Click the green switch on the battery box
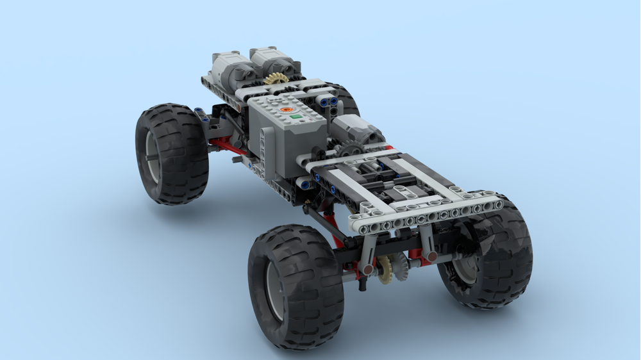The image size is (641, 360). pyautogui.click(x=295, y=117)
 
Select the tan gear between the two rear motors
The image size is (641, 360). pyautogui.click(x=276, y=79)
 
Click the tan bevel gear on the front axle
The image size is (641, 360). pyautogui.click(x=385, y=270)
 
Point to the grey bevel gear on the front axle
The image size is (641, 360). pyautogui.click(x=400, y=265)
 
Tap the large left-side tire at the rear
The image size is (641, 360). pyautogui.click(x=172, y=154)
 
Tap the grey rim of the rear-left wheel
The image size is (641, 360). pyautogui.click(x=151, y=156)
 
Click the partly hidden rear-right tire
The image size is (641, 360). pyautogui.click(x=346, y=98)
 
